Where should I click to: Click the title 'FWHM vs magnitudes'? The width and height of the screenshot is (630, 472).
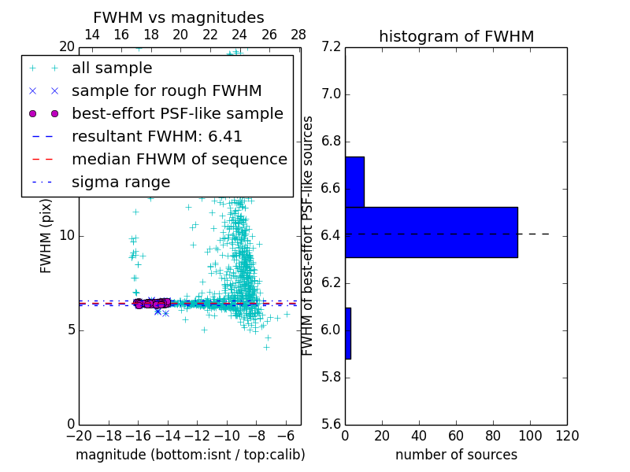tap(179, 18)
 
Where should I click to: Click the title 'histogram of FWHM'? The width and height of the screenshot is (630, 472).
tap(456, 37)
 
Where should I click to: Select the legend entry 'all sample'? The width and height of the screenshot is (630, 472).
tap(112, 68)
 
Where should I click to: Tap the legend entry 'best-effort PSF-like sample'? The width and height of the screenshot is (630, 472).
tap(177, 114)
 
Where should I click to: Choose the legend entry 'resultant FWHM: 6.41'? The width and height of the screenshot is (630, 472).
tap(157, 137)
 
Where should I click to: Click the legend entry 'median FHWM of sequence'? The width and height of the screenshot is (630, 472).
tap(179, 160)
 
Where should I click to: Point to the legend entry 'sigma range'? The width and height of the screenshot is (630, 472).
tap(120, 183)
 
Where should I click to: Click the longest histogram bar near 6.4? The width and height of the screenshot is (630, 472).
tap(431, 232)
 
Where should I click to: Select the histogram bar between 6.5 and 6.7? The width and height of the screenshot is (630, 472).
tap(354, 182)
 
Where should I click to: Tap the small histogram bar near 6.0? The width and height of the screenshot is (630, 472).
tap(348, 334)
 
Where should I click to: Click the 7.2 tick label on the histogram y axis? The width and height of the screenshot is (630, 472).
tap(332, 47)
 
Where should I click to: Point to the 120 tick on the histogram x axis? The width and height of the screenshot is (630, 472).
tap(567, 436)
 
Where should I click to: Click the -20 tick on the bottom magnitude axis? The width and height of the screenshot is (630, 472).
tap(79, 436)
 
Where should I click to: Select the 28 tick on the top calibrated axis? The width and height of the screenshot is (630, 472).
tap(298, 35)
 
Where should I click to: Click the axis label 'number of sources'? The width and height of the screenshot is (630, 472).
tap(456, 455)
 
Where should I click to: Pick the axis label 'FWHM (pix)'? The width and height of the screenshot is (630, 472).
tap(46, 236)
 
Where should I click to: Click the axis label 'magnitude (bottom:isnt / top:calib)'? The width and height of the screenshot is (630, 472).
tap(190, 455)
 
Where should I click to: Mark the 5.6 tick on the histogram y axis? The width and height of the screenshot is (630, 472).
tap(332, 424)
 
